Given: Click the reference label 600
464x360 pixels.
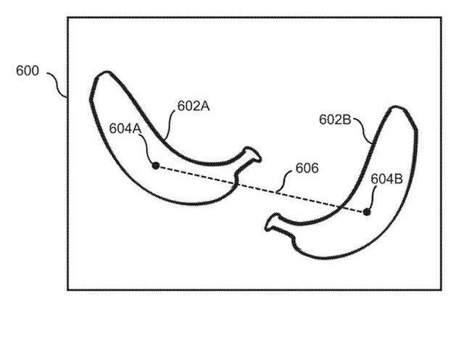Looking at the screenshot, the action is point(28,71).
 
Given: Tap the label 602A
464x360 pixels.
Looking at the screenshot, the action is point(194,106).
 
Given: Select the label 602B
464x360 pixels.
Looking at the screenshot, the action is point(335,120).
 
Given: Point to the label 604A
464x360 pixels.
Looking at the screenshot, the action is point(125,128).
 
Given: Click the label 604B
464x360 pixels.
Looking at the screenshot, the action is point(386,179).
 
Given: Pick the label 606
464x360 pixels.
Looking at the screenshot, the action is point(307,168).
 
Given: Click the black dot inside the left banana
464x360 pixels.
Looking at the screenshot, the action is point(156,166).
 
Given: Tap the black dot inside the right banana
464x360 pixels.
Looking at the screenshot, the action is point(367,212).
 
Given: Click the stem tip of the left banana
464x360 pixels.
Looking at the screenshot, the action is point(260,159).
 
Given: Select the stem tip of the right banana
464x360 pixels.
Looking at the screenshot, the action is point(267,228).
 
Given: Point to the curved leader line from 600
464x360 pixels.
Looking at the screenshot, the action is point(57,85).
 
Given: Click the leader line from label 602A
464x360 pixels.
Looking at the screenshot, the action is point(170,124).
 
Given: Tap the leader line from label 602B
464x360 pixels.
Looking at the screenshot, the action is point(362,130).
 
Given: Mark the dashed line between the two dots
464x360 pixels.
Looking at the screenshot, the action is point(261,189).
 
